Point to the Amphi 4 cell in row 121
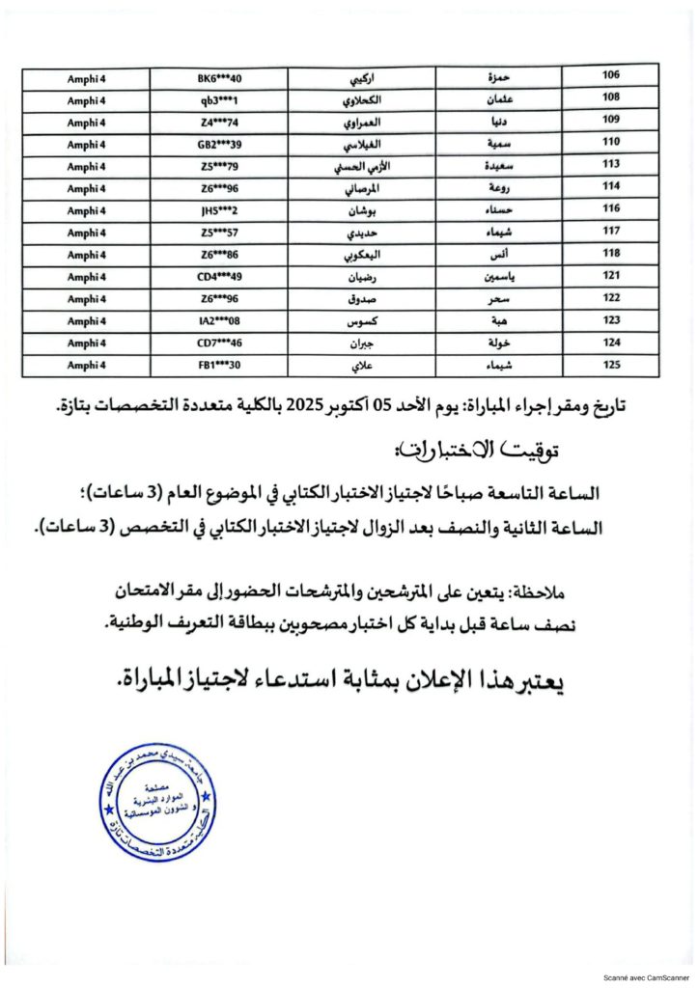[x=86, y=277]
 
